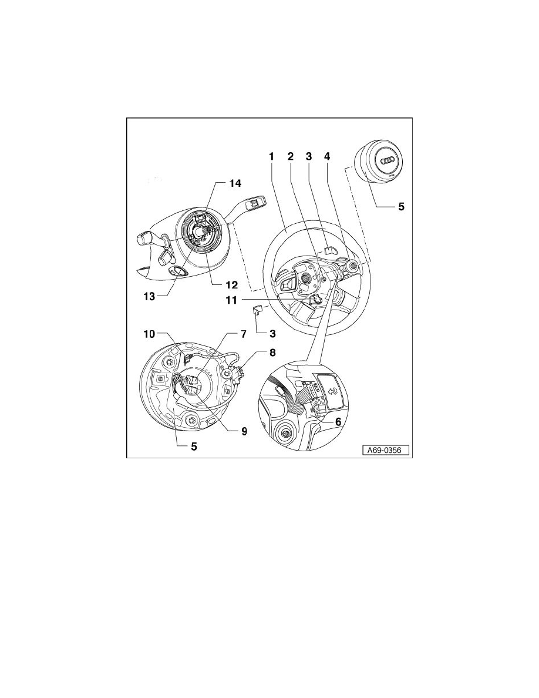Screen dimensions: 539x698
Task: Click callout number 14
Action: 235,183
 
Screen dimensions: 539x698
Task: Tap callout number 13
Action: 149,297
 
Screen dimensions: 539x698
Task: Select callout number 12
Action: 232,285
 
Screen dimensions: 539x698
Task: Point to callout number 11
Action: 231,300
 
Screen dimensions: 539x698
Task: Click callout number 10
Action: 149,334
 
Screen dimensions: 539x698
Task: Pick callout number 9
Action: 244,431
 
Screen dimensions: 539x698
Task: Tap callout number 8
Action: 272,353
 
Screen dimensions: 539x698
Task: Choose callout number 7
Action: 244,334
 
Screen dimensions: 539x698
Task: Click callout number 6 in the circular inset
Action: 338,421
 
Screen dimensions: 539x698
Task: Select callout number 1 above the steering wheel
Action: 271,156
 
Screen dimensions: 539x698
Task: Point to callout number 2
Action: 290,156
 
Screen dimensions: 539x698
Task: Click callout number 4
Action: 327,156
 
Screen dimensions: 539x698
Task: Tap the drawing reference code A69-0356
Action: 384,451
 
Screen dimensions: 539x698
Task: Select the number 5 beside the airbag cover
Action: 401,207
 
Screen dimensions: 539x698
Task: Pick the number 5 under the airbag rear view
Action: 194,447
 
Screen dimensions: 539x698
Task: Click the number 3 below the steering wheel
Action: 272,333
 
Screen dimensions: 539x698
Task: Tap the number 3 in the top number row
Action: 309,156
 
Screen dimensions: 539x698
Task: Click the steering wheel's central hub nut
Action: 306,277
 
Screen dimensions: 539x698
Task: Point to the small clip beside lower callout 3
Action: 258,310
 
